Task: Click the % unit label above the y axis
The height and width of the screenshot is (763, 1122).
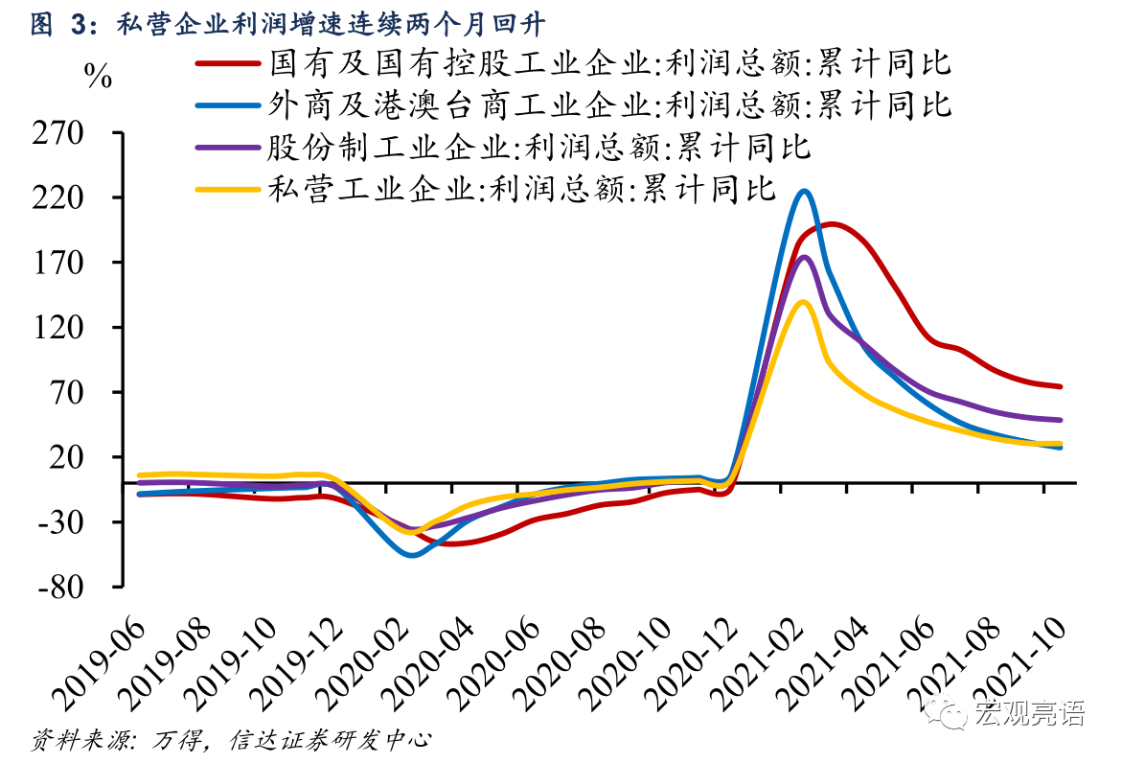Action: point(99,77)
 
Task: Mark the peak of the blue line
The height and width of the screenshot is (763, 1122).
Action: point(804,192)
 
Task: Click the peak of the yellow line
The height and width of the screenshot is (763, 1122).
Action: point(804,302)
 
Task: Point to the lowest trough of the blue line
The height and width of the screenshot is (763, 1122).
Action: point(412,555)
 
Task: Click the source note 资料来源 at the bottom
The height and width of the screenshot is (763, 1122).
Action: point(230,740)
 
